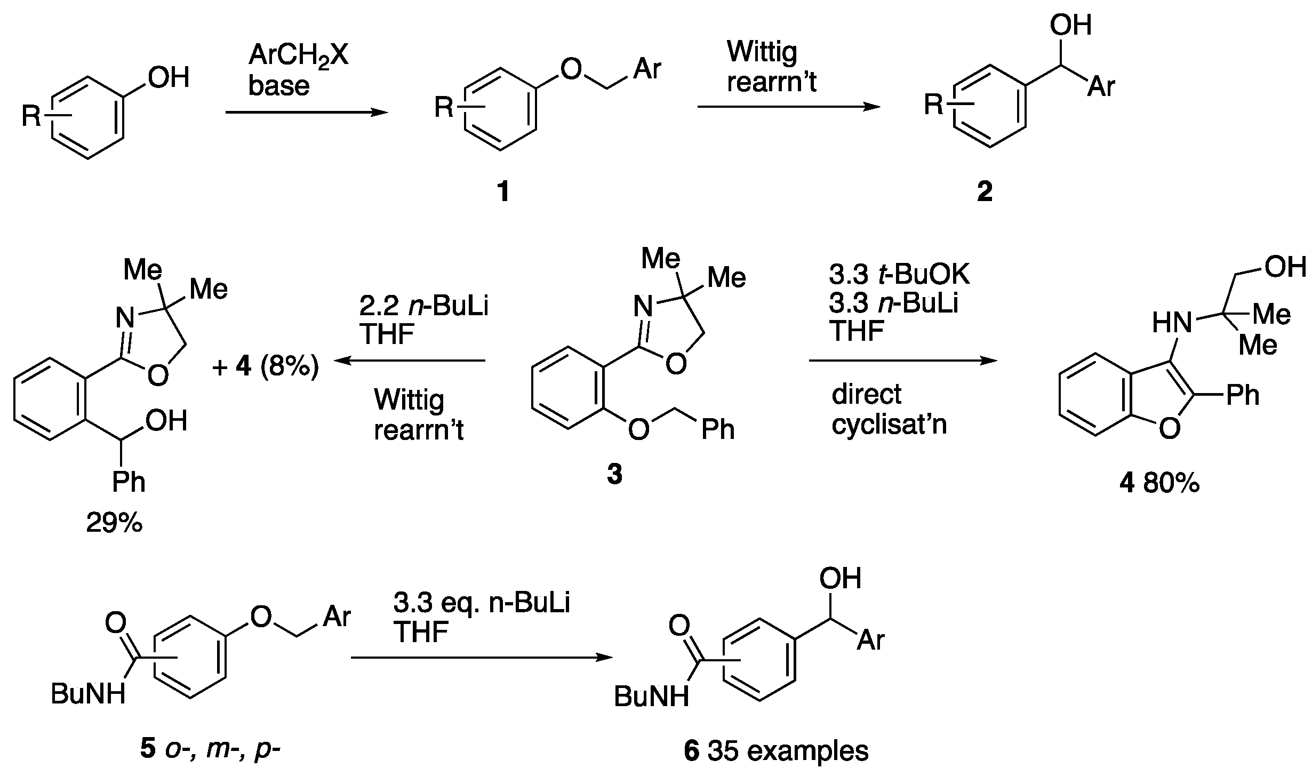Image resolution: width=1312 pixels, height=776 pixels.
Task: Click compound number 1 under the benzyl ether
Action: [x=503, y=192]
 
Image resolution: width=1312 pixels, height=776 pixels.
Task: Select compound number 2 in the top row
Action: [x=985, y=192]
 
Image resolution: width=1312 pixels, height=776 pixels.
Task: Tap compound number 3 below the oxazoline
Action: [x=614, y=474]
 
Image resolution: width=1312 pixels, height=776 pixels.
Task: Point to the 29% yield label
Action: [x=114, y=524]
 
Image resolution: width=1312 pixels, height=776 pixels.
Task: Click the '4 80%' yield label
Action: [x=1159, y=484]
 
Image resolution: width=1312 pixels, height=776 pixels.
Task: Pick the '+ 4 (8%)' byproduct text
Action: [x=265, y=367]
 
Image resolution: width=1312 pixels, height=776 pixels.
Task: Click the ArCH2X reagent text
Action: [x=298, y=55]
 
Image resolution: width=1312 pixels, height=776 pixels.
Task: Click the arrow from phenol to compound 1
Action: [x=306, y=113]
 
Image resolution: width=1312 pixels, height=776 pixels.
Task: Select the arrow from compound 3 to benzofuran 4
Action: [x=902, y=361]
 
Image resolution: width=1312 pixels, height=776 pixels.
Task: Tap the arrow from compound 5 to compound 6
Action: [x=482, y=658]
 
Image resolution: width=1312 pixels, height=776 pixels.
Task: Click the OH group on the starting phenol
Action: [x=169, y=78]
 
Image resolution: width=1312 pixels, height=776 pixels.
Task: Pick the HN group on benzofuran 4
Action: [x=1172, y=323]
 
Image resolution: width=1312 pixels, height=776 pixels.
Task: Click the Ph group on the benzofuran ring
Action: [x=1243, y=395]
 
